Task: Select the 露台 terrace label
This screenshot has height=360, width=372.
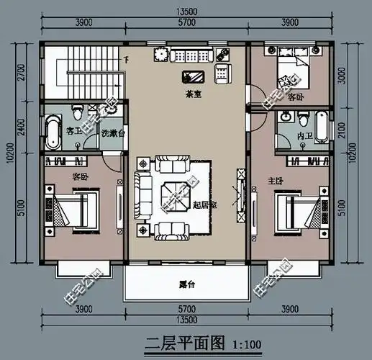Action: [x=189, y=284]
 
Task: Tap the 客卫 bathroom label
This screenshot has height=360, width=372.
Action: [x=73, y=132]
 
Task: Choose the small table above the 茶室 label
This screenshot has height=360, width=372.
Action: [x=194, y=76]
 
